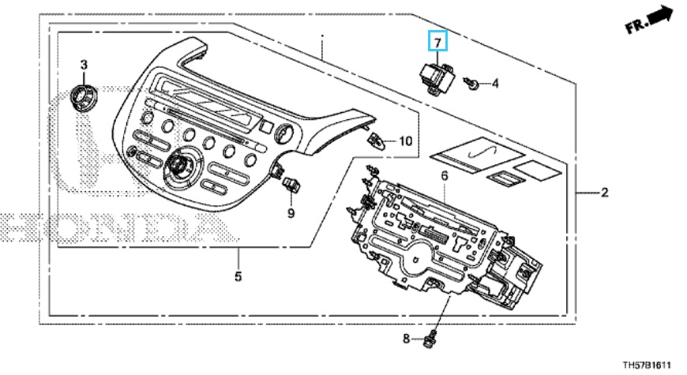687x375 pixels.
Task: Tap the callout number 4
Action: pyautogui.click(x=495, y=82)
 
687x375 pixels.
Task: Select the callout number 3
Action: pyautogui.click(x=84, y=63)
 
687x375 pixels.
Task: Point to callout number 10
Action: pyautogui.click(x=404, y=142)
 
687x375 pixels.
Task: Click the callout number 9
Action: pyautogui.click(x=290, y=212)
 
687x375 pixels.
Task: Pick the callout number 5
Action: pyautogui.click(x=238, y=276)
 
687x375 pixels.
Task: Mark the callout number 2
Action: pyautogui.click(x=604, y=192)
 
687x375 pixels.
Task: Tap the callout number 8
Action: pyautogui.click(x=407, y=339)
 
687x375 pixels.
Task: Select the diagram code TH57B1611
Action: pyautogui.click(x=646, y=365)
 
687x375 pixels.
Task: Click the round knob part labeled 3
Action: pyautogui.click(x=83, y=97)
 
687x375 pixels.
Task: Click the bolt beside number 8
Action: pyautogui.click(x=430, y=339)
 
